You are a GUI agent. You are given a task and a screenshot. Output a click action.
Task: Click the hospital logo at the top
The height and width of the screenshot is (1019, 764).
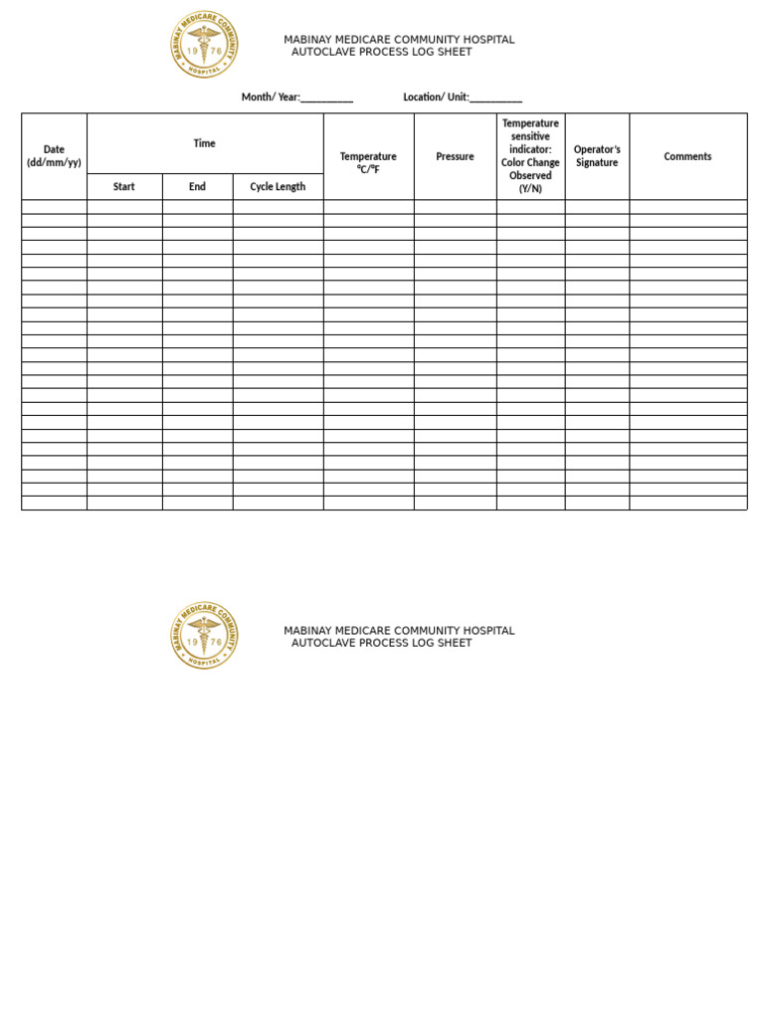click(204, 45)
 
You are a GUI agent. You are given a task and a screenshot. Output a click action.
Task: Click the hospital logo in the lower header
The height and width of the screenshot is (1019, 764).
click(204, 635)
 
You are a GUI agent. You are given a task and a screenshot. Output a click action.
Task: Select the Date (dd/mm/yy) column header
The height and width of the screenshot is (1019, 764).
click(54, 156)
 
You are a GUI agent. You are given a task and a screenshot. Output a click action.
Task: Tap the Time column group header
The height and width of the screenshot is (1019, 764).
click(204, 143)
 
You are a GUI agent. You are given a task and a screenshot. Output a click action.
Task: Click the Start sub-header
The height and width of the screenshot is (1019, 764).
click(124, 187)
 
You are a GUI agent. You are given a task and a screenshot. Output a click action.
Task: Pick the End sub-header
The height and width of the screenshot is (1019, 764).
click(197, 187)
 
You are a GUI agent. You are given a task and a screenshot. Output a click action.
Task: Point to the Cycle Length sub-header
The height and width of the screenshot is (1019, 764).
click(278, 187)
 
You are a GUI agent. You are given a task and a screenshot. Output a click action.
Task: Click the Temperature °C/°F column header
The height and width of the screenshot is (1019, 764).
click(368, 162)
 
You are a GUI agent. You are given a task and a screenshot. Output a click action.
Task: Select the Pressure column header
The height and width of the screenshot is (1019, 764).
click(455, 156)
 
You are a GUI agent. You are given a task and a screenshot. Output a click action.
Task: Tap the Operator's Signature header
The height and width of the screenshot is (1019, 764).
click(597, 156)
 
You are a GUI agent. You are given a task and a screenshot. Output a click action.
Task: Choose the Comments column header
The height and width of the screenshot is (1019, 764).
click(687, 156)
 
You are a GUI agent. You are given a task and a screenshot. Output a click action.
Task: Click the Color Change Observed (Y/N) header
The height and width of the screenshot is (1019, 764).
click(530, 156)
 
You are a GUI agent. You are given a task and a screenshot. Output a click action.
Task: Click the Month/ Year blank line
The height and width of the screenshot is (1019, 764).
click(326, 98)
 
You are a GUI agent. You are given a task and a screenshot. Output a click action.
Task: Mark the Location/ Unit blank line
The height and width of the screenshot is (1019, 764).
click(495, 98)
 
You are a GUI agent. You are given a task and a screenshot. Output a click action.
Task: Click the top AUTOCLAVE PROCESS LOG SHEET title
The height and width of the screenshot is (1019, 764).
click(381, 52)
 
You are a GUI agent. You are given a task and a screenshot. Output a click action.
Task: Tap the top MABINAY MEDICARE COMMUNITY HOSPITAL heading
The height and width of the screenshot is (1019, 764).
click(399, 40)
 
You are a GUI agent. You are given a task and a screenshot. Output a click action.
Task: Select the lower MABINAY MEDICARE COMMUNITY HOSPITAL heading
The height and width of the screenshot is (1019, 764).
click(399, 631)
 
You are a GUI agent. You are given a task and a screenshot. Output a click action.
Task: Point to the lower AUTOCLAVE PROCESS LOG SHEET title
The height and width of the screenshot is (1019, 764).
click(381, 643)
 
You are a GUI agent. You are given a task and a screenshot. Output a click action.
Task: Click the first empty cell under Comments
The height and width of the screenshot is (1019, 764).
click(687, 207)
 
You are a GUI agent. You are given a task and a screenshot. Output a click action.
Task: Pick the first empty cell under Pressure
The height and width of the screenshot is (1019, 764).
click(455, 207)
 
